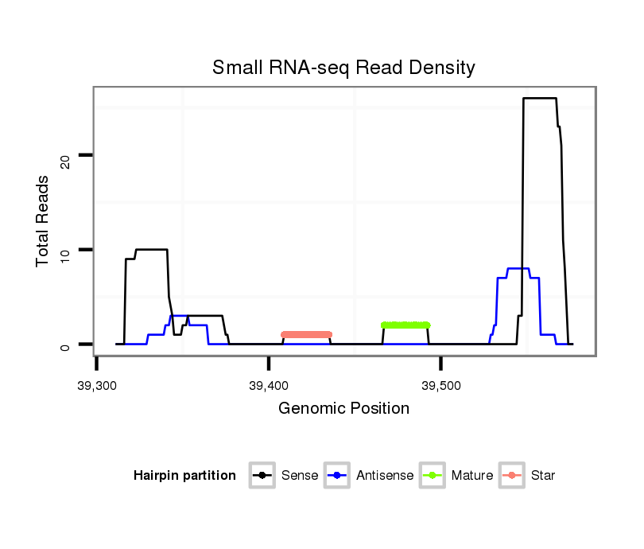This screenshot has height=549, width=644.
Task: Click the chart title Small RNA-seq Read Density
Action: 343,68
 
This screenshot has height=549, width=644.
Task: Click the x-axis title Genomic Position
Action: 343,409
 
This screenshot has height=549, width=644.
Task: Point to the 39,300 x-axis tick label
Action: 97,386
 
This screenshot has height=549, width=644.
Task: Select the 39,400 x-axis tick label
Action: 269,386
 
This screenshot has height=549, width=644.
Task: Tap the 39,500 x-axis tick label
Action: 440,386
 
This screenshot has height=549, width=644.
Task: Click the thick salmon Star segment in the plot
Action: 306,334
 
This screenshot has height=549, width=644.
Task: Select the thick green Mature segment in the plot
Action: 405,325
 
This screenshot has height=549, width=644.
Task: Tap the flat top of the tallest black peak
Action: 539,98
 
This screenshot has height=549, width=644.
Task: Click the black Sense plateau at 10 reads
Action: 152,250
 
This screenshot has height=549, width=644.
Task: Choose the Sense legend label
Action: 300,476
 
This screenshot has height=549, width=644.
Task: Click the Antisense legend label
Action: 385,476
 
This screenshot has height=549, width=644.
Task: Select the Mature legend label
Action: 471,476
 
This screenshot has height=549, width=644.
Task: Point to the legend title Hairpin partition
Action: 184,476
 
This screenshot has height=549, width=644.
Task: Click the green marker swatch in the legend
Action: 433,476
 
